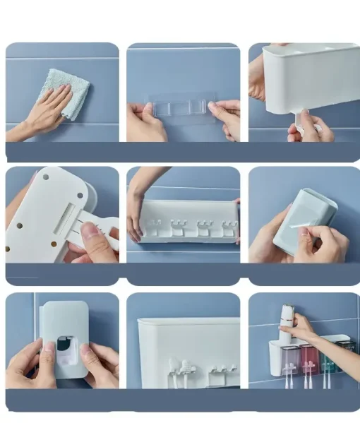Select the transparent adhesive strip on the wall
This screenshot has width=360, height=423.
point(181,108)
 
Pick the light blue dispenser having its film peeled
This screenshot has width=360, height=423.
point(302,219)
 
